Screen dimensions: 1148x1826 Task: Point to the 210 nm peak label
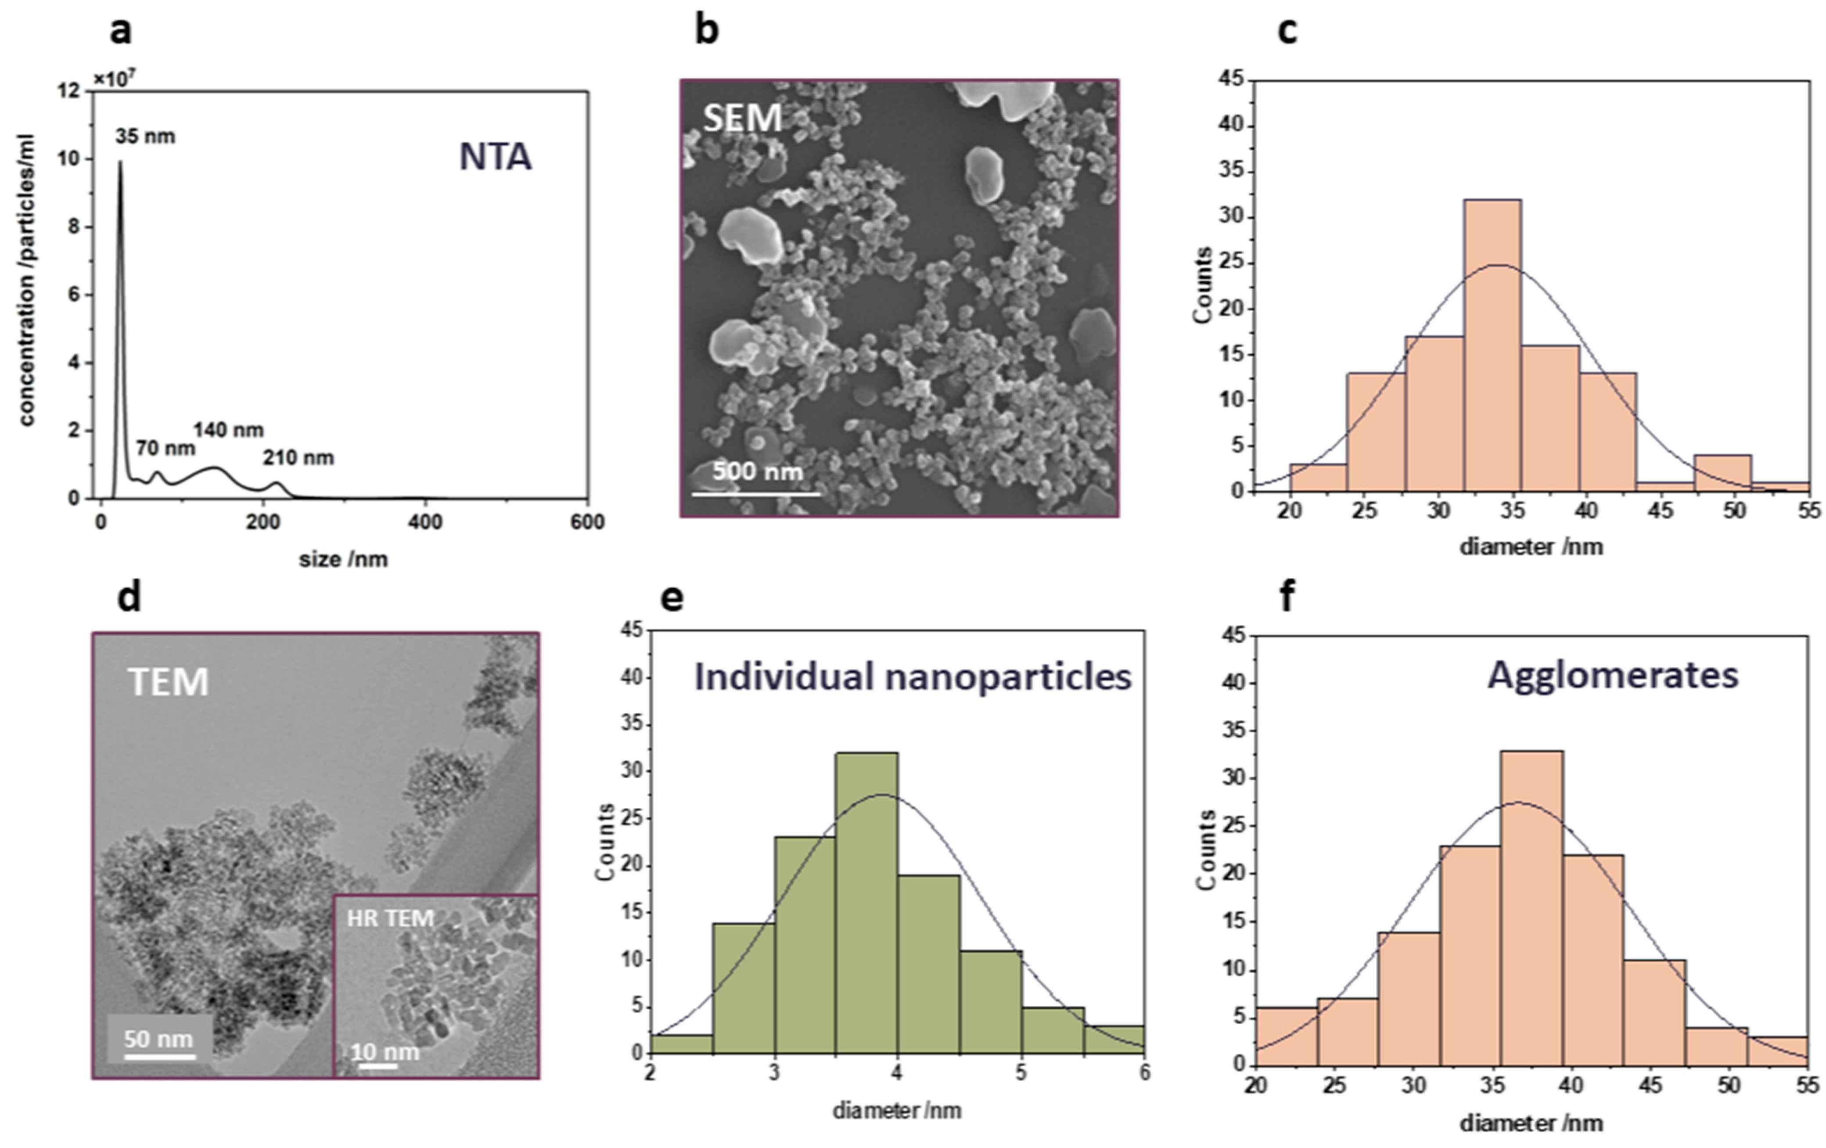click(x=298, y=458)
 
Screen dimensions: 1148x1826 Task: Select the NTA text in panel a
click(x=495, y=157)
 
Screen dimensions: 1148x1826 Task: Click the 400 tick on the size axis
click(x=424, y=522)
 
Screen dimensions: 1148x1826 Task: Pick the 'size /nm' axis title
click(x=344, y=560)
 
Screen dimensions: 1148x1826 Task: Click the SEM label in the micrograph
click(x=742, y=118)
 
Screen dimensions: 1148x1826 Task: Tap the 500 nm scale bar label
click(x=757, y=471)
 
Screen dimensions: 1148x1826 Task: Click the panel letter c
click(x=1287, y=32)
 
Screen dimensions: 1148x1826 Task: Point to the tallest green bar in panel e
click(x=867, y=902)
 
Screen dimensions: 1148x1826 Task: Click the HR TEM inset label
click(x=391, y=918)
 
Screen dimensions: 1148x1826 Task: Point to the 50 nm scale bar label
click(x=158, y=1038)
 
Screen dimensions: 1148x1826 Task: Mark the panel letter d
click(x=129, y=597)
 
